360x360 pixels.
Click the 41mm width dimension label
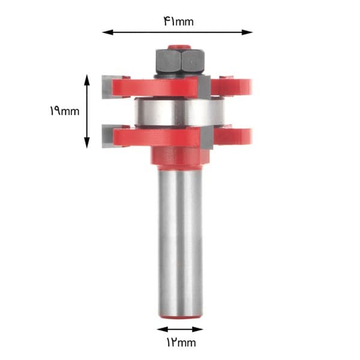click(179, 22)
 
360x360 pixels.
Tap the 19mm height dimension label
click(65, 111)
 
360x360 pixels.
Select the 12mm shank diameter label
click(181, 343)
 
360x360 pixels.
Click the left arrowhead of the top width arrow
click(107, 32)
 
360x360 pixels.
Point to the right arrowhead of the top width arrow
click(247, 32)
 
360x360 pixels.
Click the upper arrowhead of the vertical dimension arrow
click(87, 80)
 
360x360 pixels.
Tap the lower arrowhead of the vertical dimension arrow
click(87, 143)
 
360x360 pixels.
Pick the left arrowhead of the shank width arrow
click(163, 329)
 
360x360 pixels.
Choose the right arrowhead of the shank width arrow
click(197, 329)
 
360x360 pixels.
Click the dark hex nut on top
click(180, 61)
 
